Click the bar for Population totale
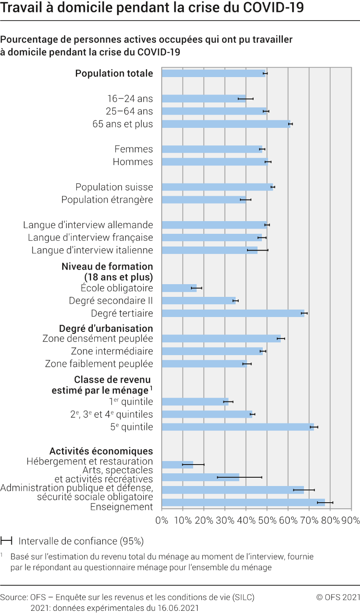[214, 74]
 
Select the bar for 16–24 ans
[204, 99]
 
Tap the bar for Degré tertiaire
[233, 314]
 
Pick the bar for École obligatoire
[179, 288]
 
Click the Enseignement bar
[244, 503]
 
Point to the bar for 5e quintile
[238, 427]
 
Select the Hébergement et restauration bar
[177, 465]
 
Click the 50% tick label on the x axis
[267, 520]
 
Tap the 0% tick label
[162, 520]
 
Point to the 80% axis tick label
[330, 520]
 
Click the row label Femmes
[134, 149]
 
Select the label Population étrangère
[107, 200]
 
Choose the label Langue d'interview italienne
[92, 250]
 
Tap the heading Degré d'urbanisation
[106, 328]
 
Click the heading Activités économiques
[101, 451]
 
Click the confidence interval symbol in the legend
[6, 541]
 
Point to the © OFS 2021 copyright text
[338, 597]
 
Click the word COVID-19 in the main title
[273, 8]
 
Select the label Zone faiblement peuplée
[99, 364]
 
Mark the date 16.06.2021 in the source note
[178, 608]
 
